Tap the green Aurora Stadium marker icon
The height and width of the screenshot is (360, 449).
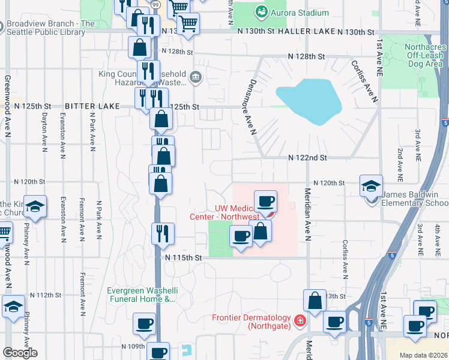click(x=261, y=12)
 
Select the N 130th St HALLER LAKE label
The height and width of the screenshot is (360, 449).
click(x=306, y=31)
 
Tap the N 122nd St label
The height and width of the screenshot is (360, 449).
click(x=307, y=158)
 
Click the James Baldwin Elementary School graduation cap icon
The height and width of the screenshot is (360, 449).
click(x=371, y=185)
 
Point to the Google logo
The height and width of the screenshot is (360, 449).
click(x=20, y=353)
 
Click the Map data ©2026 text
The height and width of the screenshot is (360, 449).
click(x=423, y=355)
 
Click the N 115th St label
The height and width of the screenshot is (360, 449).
click(x=183, y=257)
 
